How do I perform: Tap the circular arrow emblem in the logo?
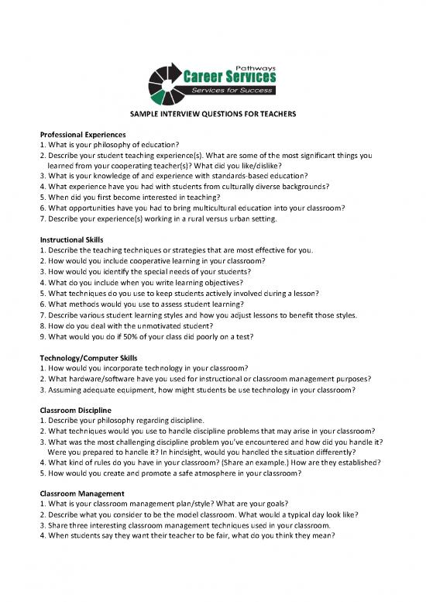tap(164, 84)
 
